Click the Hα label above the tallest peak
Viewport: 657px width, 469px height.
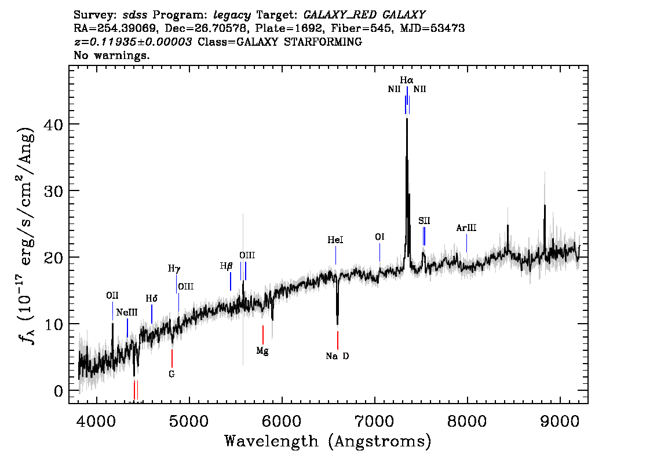tap(407, 80)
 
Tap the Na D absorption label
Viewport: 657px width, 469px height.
tap(337, 356)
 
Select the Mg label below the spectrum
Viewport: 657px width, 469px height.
tap(262, 351)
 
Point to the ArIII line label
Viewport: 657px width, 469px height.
tap(466, 228)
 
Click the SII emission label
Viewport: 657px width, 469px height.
tap(424, 221)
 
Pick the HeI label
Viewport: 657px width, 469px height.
tap(335, 240)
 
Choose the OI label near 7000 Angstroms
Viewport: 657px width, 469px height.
tap(379, 237)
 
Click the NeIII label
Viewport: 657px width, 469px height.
tap(127, 313)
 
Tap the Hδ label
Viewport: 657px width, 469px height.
tap(152, 299)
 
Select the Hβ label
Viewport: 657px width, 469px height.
tap(226, 266)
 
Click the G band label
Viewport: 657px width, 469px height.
tap(172, 374)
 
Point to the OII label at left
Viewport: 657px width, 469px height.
tap(112, 296)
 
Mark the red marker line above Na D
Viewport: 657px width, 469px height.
tap(338, 340)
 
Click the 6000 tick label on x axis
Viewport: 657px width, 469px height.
tap(282, 421)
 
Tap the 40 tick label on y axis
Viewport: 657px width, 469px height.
tap(53, 124)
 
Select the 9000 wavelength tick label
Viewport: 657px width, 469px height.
tap(560, 421)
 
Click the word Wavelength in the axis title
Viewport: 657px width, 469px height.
tap(272, 441)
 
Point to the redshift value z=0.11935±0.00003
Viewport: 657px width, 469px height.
tap(133, 42)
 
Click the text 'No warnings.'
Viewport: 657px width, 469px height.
tap(111, 55)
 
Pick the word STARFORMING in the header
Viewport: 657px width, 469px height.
tap(323, 42)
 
